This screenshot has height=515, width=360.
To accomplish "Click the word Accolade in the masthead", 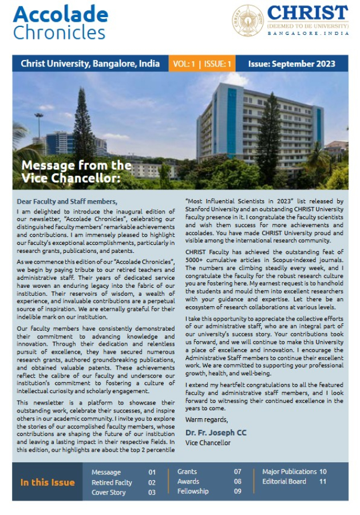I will pos(60,14).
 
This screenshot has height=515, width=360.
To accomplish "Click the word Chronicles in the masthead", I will pos(59,32).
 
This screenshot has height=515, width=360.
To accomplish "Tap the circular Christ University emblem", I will pos(247,20).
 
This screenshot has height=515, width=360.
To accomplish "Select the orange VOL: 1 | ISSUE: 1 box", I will pos(201,64).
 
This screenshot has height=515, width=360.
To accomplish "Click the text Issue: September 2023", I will pos(290,64).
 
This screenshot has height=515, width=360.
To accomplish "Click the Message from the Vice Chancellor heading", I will pos(76,171).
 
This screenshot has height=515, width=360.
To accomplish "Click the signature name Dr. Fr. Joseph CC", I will pos(216,433).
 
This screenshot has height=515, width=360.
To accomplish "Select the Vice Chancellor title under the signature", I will pos(208,442).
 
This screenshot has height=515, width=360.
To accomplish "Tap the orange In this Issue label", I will pos(48,482).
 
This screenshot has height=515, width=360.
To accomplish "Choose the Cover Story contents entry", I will pos(109,492).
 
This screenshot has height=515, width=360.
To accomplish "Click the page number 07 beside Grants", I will pos(237,472).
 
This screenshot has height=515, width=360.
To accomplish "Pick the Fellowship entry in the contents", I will pos(193,491).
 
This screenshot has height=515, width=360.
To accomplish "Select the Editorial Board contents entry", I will pos(284,481).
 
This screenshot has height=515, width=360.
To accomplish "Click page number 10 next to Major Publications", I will pos(323,472).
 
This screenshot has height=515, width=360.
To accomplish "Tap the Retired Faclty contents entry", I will pos(112,482).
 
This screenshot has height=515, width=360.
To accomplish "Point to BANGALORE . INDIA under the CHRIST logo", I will pos(307,34).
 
